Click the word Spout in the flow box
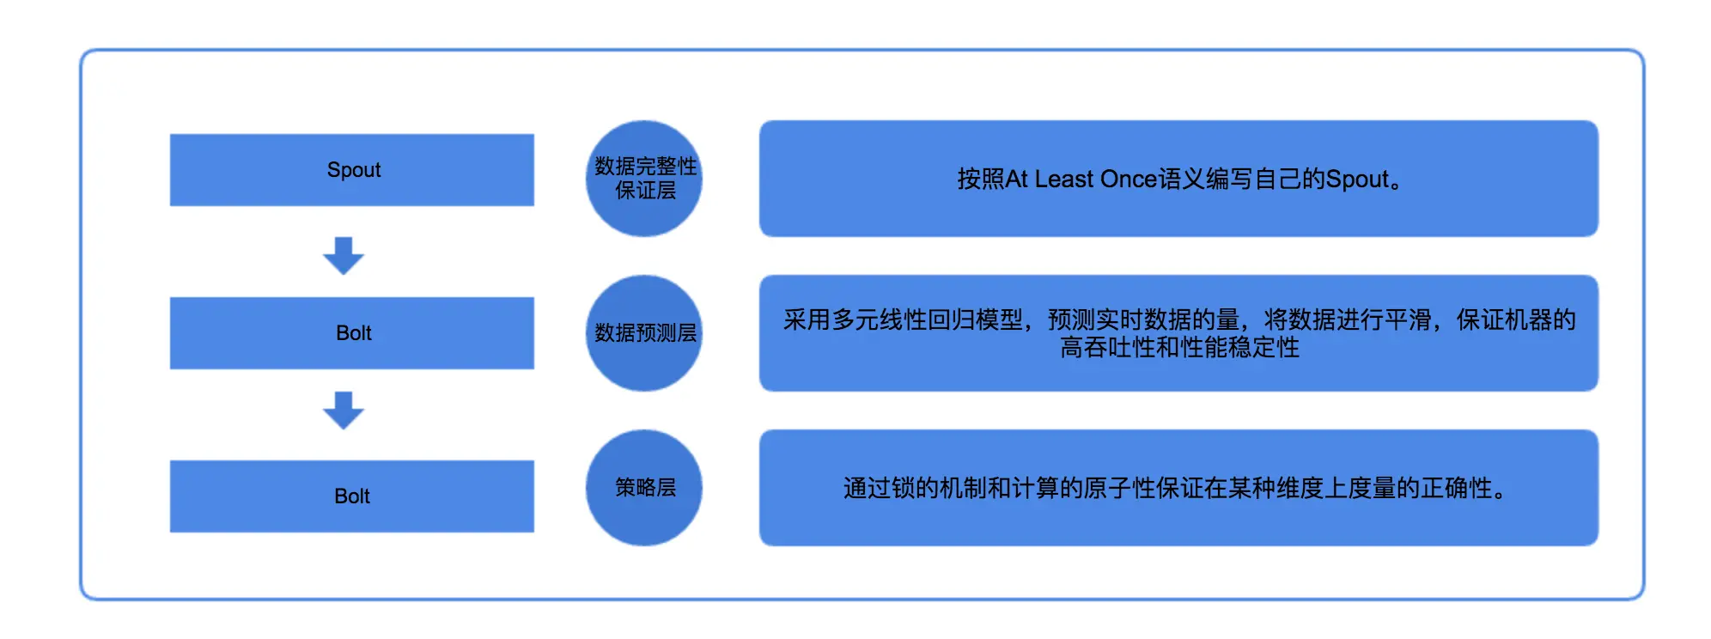[x=353, y=170]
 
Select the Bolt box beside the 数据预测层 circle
[x=352, y=333]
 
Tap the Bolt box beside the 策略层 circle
[x=352, y=496]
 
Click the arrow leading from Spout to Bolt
[x=344, y=256]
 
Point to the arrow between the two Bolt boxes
[x=344, y=411]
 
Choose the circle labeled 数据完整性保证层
[x=644, y=179]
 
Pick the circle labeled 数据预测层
[x=644, y=333]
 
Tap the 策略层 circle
[x=644, y=488]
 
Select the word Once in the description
[x=1129, y=180]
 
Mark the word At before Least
[x=1016, y=180]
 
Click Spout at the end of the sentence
[x=1357, y=180]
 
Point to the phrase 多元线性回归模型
[x=928, y=320]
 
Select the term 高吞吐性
[x=1095, y=348]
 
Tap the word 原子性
[x=1118, y=489]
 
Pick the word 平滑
[x=1408, y=320]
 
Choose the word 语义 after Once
[x=1182, y=180]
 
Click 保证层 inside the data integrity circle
[x=645, y=191]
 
